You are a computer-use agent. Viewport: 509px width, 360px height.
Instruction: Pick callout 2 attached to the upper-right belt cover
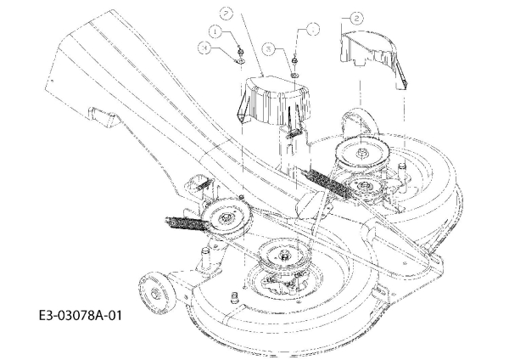tap(357, 17)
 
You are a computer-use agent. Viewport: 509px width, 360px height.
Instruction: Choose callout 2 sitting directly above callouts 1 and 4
tap(227, 13)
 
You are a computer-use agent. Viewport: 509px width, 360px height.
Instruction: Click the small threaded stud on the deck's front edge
tap(232, 295)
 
